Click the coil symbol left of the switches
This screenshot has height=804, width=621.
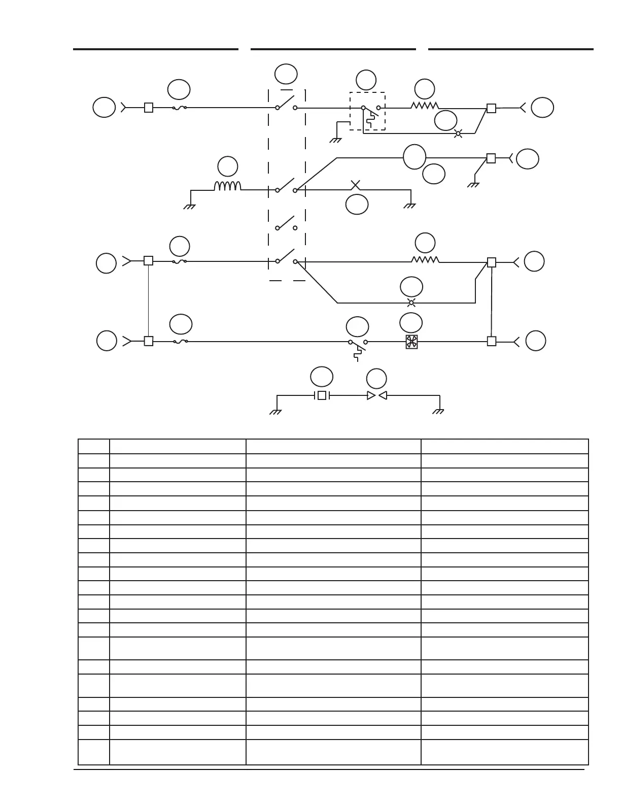(x=227, y=186)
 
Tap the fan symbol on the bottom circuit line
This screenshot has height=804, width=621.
(x=411, y=342)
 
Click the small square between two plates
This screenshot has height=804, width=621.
(x=322, y=395)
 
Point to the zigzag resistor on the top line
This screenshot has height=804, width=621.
(x=425, y=106)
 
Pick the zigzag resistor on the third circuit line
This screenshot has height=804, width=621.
(x=425, y=260)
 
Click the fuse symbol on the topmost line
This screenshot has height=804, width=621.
(x=180, y=108)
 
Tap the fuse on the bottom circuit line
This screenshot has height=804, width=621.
(x=180, y=342)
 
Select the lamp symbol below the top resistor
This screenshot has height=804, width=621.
(x=458, y=133)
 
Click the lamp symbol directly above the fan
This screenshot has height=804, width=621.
(x=411, y=303)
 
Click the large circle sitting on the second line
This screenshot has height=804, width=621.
(x=415, y=157)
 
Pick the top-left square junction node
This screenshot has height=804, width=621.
(x=149, y=108)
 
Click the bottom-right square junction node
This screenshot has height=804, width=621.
(x=491, y=342)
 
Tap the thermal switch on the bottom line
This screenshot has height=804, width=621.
(x=358, y=345)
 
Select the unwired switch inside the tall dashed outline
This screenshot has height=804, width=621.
(x=286, y=223)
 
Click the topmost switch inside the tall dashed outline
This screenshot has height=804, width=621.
(x=286, y=103)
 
